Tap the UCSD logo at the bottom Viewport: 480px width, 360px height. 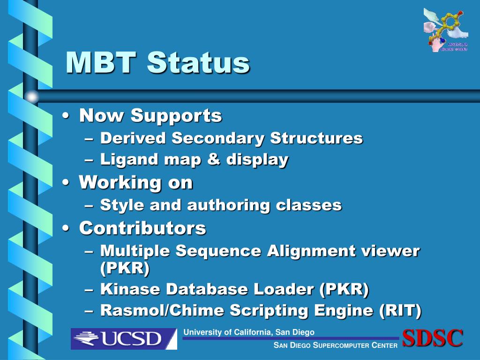(124, 338)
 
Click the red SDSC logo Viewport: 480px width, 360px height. (433, 338)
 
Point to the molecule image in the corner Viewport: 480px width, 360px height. (446, 30)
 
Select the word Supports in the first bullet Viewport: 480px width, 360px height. (176, 115)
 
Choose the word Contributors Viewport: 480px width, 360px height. (142, 228)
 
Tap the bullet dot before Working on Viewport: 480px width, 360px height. (67, 183)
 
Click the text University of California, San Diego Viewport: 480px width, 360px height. (249, 332)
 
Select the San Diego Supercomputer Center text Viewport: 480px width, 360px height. (336, 345)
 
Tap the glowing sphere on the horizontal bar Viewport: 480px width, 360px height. (31, 97)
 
